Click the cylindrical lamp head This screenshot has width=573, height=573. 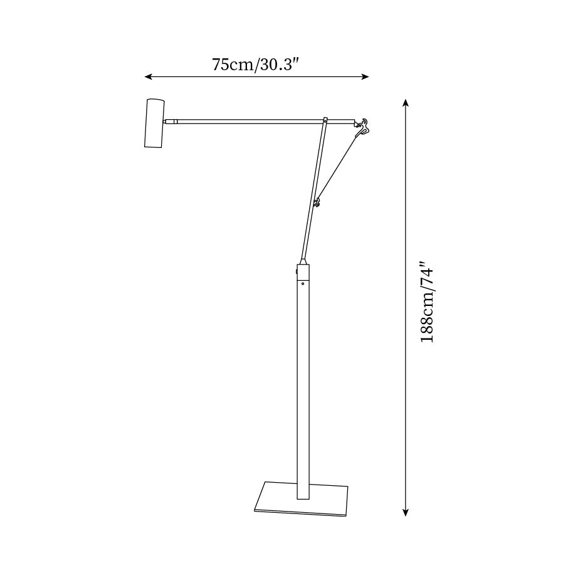[154, 123]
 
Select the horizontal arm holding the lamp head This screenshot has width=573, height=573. [251, 120]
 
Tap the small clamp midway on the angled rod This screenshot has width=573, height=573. [317, 202]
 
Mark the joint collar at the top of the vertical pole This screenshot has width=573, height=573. [303, 271]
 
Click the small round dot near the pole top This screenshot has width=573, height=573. [303, 284]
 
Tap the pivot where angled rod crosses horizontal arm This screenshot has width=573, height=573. [325, 120]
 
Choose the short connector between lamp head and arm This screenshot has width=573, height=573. [170, 120]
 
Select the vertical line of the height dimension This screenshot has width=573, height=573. [406, 376]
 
